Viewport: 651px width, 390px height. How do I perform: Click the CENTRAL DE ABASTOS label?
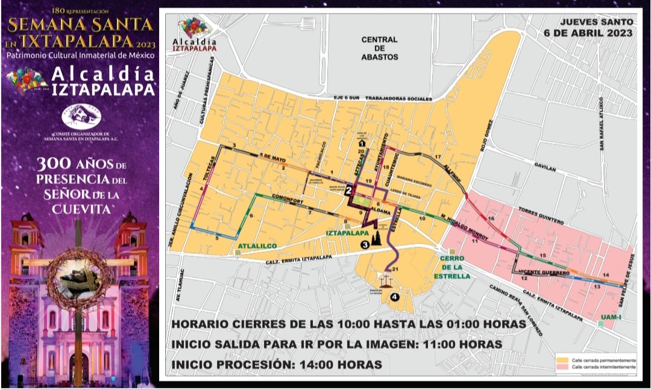pos(380,48)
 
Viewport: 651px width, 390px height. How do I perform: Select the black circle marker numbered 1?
pos(362,144)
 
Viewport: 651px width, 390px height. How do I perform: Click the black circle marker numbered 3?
pos(365,244)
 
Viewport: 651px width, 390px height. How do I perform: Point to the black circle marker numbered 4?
pos(394,296)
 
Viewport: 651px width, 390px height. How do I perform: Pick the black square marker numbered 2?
pos(348,191)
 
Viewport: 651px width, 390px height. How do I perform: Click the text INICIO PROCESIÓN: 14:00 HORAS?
pos(277,364)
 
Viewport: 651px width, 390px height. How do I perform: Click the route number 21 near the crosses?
pos(396,268)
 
